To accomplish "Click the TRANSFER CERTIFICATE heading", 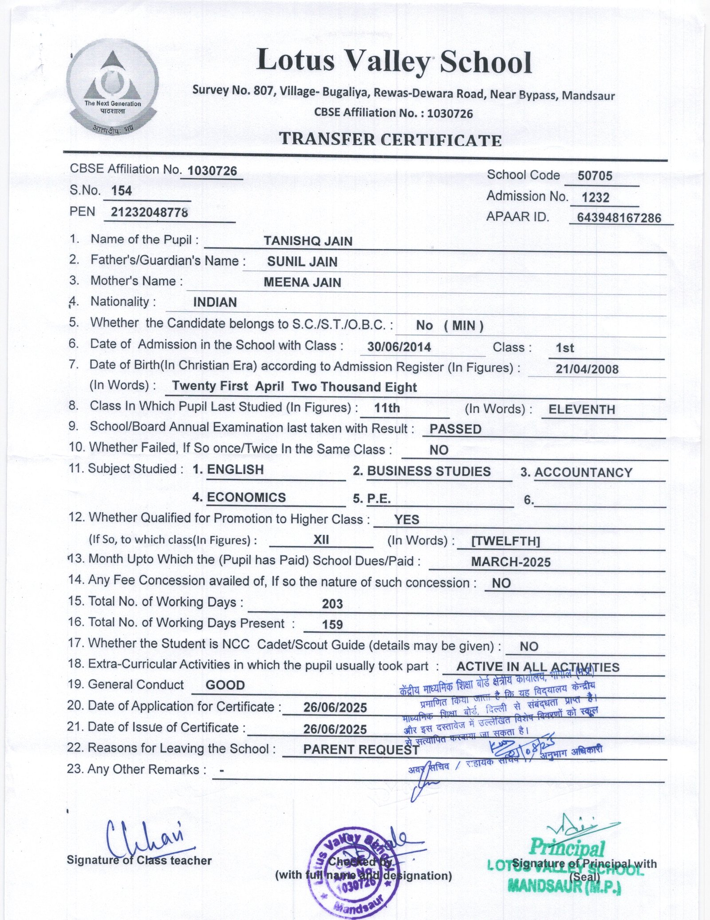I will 390,140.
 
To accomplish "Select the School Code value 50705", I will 595,176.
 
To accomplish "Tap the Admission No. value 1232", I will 596,198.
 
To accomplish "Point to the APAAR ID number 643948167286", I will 619,218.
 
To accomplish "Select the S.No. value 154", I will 121,191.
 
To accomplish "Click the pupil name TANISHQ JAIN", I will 308,241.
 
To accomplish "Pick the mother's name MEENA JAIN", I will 302,283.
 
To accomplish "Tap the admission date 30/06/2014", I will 399,347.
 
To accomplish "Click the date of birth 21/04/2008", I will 587,369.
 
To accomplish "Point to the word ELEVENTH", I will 582,410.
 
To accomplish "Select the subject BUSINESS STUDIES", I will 429,471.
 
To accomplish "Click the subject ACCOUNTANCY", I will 583,473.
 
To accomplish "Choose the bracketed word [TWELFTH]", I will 505,541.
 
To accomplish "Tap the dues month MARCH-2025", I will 511,562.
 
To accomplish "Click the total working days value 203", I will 332,604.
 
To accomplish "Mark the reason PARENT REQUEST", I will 361,750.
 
